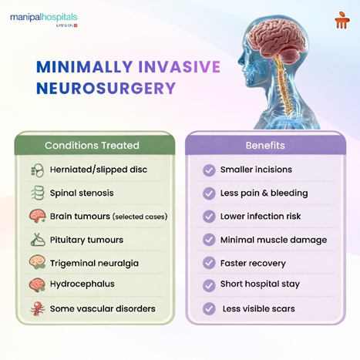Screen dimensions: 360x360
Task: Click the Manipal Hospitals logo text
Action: coord(44,17)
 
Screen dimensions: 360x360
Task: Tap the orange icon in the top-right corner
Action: coord(341,20)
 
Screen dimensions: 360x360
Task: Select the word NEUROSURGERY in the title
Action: coord(106,88)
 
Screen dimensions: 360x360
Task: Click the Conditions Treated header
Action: coord(92,145)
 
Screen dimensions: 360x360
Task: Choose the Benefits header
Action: coord(265,145)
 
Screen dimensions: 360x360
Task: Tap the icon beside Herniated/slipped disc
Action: coord(37,170)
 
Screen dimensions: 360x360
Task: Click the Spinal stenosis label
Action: coord(82,193)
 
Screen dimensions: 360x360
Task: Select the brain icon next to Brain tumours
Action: coord(37,216)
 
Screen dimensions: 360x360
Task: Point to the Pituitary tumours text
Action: coord(86,240)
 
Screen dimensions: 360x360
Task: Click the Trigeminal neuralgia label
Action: coord(94,263)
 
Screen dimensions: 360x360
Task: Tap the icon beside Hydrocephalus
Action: coord(37,284)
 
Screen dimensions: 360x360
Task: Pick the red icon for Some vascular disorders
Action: coord(37,308)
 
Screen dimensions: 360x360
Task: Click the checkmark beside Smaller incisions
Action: coord(209,170)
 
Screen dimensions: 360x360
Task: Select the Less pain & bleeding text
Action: coord(264,193)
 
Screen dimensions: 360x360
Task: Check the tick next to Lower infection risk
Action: coord(209,216)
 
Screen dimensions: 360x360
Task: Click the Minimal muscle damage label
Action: coord(273,240)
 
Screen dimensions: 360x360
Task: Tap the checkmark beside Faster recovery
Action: coord(209,263)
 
